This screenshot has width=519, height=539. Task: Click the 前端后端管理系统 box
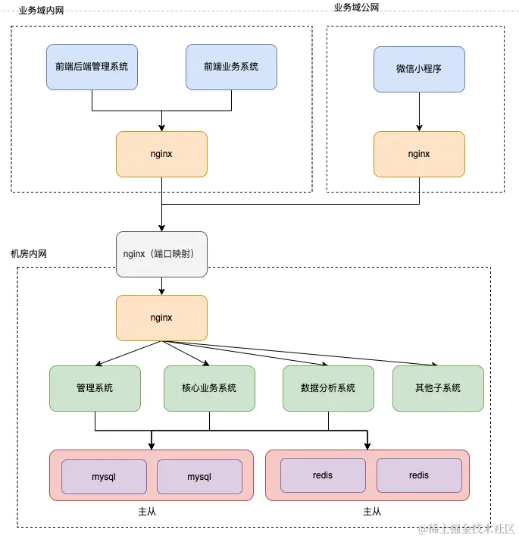tap(92, 67)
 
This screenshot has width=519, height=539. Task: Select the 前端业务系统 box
tap(231, 67)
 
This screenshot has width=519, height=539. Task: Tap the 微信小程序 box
tap(419, 69)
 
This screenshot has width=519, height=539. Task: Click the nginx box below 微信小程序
tap(419, 154)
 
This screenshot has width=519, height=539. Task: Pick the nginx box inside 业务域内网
tap(161, 154)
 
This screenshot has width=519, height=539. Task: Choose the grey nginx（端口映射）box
tap(161, 254)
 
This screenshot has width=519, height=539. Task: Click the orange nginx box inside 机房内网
tap(161, 318)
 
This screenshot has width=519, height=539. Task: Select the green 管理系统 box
tap(95, 388)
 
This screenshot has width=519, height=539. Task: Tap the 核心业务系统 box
tap(210, 388)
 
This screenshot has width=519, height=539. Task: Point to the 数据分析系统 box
tap(328, 388)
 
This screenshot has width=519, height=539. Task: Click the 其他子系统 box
tap(438, 388)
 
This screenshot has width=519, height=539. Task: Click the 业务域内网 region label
tap(41, 11)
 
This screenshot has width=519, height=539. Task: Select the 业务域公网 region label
tap(356, 7)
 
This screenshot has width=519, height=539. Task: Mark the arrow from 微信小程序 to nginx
tap(419, 111)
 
